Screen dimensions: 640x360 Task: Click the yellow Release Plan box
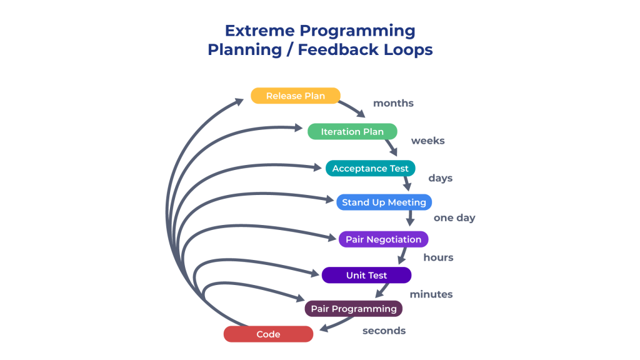pyautogui.click(x=296, y=96)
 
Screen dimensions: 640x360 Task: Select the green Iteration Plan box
pyautogui.click(x=352, y=131)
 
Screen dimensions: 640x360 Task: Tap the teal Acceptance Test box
pyautogui.click(x=370, y=168)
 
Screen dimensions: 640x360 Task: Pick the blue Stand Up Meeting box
pyautogui.click(x=384, y=202)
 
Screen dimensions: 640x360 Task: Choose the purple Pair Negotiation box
pyautogui.click(x=383, y=239)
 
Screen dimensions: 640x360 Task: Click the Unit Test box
pyautogui.click(x=366, y=275)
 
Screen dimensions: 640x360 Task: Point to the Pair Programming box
pyautogui.click(x=354, y=309)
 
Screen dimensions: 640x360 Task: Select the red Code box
pyautogui.click(x=268, y=334)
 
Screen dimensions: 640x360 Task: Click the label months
pyautogui.click(x=394, y=103)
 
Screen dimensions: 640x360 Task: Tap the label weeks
pyautogui.click(x=427, y=141)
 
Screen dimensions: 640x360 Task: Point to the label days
pyautogui.click(x=441, y=178)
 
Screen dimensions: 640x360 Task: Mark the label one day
pyautogui.click(x=454, y=218)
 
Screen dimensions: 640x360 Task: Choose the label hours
pyautogui.click(x=438, y=257)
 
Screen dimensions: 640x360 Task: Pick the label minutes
pyautogui.click(x=431, y=294)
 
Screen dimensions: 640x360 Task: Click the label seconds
pyautogui.click(x=384, y=331)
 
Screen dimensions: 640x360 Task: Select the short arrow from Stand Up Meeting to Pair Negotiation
pyautogui.click(x=410, y=218)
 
